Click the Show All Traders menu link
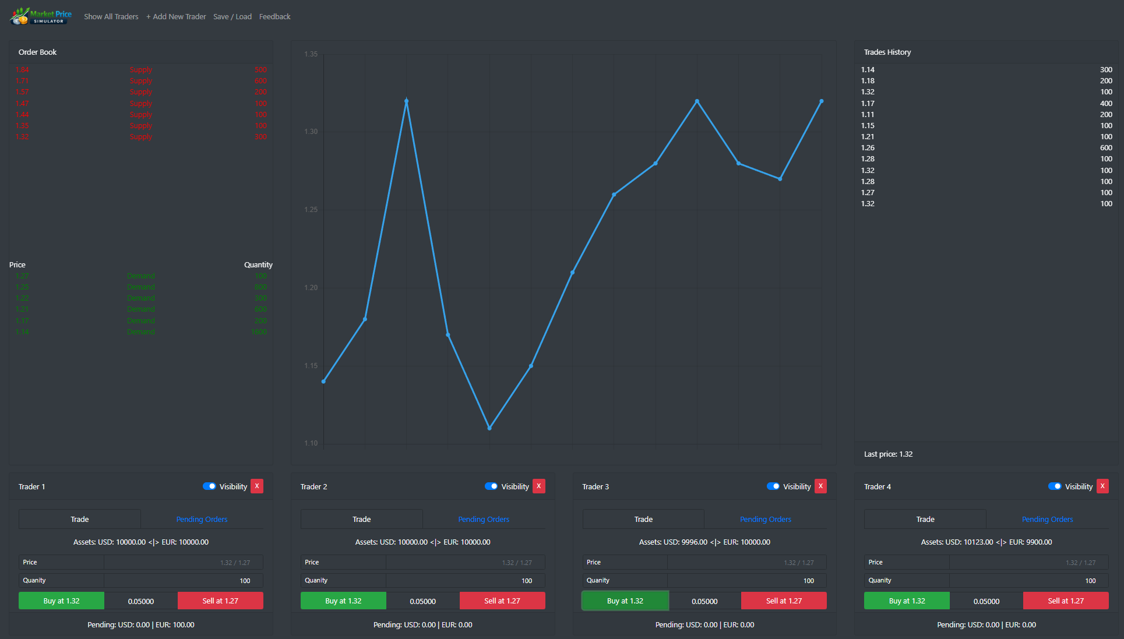pos(111,16)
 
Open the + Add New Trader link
pos(176,16)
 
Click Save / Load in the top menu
pos(232,16)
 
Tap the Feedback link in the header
pos(274,16)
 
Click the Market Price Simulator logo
pos(41,16)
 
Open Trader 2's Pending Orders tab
pos(483,519)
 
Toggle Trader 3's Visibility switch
pos(773,486)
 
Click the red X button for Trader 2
pos(538,486)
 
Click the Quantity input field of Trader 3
pos(746,581)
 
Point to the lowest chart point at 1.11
pos(489,428)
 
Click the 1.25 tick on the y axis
pos(311,210)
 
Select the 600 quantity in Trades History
pos(1105,148)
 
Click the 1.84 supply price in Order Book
pos(22,70)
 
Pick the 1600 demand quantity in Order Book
pos(259,332)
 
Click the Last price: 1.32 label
pos(888,454)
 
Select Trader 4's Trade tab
pos(925,519)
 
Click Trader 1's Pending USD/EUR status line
pos(141,624)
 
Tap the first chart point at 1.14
pos(323,382)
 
